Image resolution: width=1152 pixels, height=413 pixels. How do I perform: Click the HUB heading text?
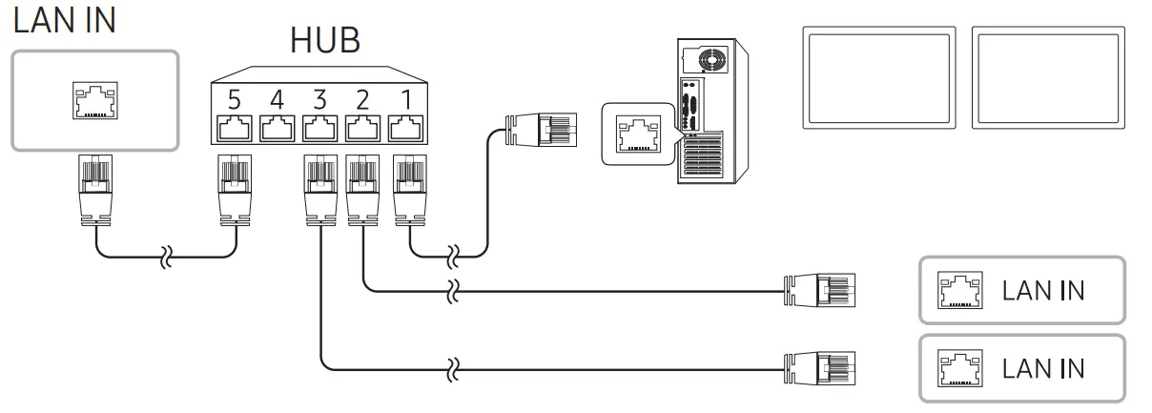325,40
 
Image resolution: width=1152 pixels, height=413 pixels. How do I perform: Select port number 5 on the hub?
233,99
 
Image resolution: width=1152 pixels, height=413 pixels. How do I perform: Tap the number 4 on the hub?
277,99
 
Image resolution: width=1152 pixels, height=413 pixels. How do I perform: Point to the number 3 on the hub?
319,99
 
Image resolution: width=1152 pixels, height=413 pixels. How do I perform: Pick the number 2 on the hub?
363,99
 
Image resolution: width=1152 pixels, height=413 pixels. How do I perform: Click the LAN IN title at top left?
65,20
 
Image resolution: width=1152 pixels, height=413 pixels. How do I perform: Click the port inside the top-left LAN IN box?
94,99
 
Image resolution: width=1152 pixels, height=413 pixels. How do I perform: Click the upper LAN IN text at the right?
1042,290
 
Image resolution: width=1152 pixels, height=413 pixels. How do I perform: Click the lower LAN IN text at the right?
1042,367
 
